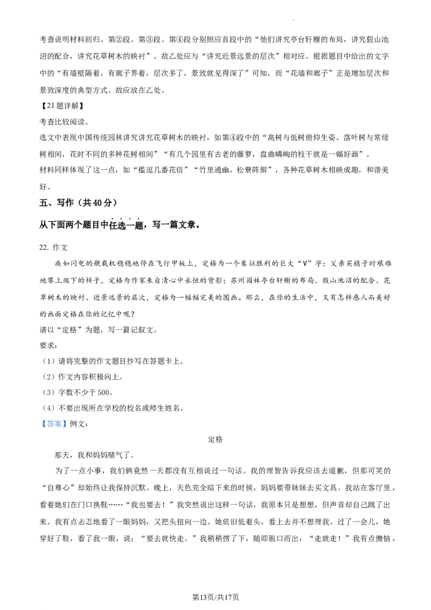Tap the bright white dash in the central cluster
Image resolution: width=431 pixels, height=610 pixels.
click(x=156, y=328)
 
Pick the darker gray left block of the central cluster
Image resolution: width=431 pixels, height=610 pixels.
click(x=152, y=330)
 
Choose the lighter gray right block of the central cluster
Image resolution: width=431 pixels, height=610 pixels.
click(x=158, y=330)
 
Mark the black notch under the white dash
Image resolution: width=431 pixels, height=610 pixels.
click(x=155, y=330)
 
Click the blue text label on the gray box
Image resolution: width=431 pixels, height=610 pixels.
click(x=54, y=425)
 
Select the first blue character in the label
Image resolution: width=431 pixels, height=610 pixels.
click(x=44, y=425)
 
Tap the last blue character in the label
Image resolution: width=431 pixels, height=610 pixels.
click(x=64, y=425)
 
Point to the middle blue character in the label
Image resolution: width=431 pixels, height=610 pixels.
click(x=54, y=425)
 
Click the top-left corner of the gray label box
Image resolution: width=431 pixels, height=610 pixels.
click(x=39, y=419)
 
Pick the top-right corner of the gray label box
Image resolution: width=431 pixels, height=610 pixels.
click(x=68, y=419)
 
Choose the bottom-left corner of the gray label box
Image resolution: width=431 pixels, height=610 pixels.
click(x=39, y=430)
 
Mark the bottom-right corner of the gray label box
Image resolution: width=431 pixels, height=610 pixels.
click(x=68, y=430)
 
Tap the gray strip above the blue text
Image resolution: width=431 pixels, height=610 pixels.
click(x=54, y=420)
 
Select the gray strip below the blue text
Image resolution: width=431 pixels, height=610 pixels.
click(x=54, y=429)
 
